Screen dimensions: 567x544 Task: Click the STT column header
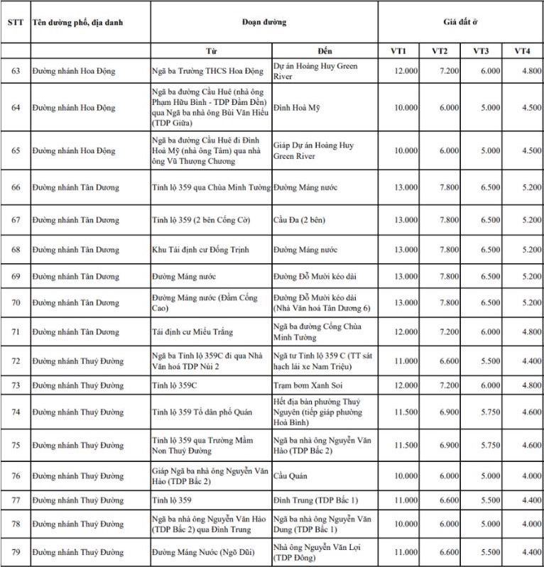(15, 22)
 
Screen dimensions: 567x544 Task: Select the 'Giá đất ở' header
(459, 22)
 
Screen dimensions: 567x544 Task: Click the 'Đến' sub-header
(325, 51)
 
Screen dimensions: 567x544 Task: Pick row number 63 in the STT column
(15, 71)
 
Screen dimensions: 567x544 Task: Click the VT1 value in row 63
(406, 71)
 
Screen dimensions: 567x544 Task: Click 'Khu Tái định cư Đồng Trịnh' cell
(201, 250)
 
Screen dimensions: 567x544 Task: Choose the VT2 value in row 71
(447, 331)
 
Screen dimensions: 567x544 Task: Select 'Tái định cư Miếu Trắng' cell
(193, 331)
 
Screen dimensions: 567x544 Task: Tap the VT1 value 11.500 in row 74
(406, 412)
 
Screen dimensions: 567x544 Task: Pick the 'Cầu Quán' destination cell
(290, 475)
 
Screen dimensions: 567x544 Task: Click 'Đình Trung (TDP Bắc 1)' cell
(315, 500)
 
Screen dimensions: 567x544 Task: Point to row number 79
(15, 551)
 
